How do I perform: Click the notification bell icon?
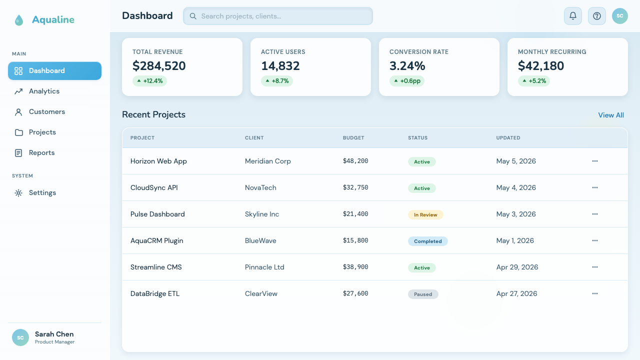[x=573, y=16]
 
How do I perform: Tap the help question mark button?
[x=597, y=16]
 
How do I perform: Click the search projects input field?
[x=278, y=16]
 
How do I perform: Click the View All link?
[x=611, y=115]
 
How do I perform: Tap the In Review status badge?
[x=425, y=215]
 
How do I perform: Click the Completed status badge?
[x=427, y=241]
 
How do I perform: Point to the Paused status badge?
[x=423, y=294]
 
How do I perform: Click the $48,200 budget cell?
[x=355, y=161]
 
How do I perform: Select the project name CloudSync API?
[x=154, y=187]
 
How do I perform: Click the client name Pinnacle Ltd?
[x=264, y=267]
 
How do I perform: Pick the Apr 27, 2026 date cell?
[x=516, y=293]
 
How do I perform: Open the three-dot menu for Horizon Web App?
[x=595, y=161]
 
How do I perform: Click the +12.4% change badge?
[x=149, y=81]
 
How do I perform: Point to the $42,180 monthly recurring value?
[x=541, y=65]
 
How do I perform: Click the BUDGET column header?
[x=353, y=137]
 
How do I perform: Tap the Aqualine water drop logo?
[x=19, y=20]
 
